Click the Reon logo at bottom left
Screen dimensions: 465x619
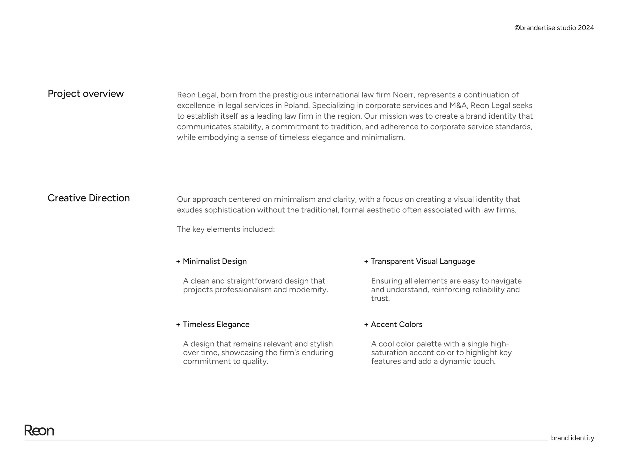pyautogui.click(x=39, y=430)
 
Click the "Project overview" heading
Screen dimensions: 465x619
pyautogui.click(x=86, y=94)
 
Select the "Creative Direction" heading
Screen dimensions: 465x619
pyautogui.click(x=89, y=198)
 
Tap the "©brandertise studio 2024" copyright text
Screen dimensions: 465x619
pyautogui.click(x=554, y=28)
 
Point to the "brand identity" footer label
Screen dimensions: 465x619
pyautogui.click(x=572, y=438)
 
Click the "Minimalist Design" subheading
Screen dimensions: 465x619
pyautogui.click(x=215, y=261)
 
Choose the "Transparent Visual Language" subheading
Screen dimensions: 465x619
pyautogui.click(x=423, y=261)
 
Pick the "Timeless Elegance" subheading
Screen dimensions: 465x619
pyautogui.click(x=216, y=324)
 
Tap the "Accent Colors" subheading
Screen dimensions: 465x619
pyautogui.click(x=397, y=324)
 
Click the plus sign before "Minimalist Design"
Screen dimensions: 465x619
pyautogui.click(x=178, y=262)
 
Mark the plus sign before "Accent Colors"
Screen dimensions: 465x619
pyautogui.click(x=366, y=325)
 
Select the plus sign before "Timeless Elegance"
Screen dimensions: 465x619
pyautogui.click(x=178, y=325)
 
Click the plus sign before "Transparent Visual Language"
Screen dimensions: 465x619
pyautogui.click(x=366, y=262)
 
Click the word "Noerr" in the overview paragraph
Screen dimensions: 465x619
pyautogui.click(x=403, y=95)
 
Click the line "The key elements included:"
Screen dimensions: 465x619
pyautogui.click(x=226, y=229)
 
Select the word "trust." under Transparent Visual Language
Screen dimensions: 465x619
pyautogui.click(x=380, y=298)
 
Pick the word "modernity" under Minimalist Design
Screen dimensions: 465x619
pyautogui.click(x=308, y=290)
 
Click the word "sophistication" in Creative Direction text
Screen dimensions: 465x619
pyautogui.click(x=230, y=210)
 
